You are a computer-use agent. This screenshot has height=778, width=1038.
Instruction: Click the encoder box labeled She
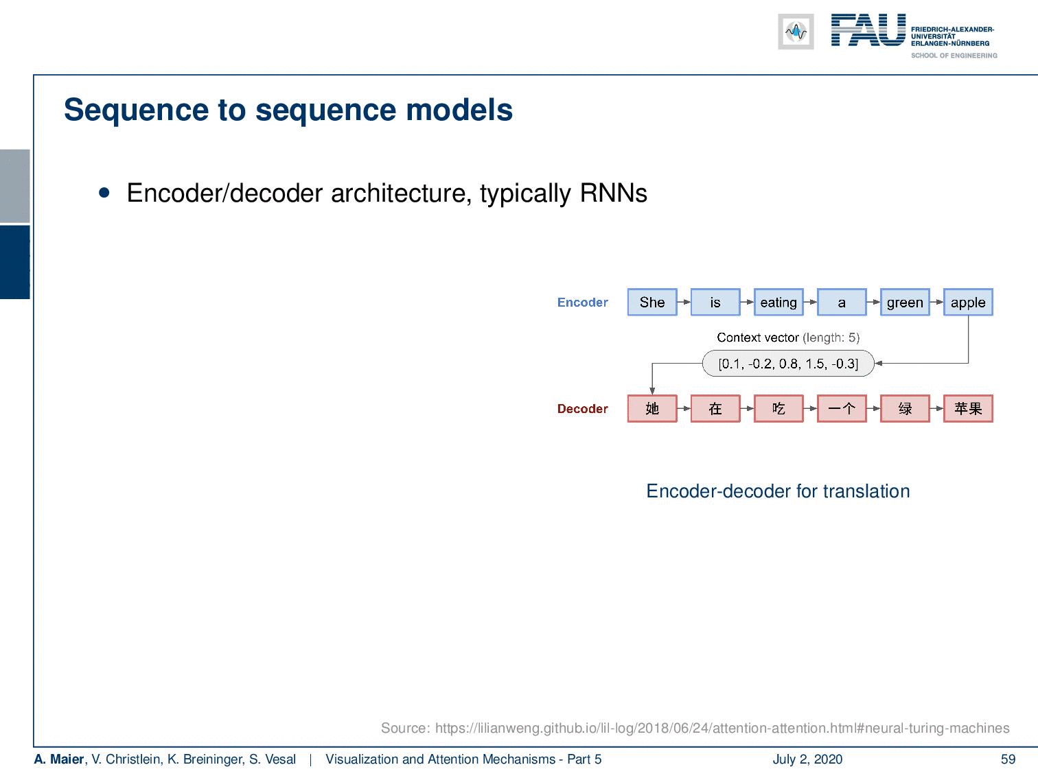(x=652, y=302)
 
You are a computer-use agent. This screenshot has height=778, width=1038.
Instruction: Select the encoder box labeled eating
(x=778, y=302)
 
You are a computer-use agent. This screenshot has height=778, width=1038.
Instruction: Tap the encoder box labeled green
(x=905, y=302)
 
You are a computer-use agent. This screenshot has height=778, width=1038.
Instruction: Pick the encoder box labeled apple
(x=968, y=302)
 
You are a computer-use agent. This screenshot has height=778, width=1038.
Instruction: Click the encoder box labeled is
(x=715, y=302)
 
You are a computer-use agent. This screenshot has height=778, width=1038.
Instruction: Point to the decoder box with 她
(x=652, y=408)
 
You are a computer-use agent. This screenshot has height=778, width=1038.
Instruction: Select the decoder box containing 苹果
(x=968, y=408)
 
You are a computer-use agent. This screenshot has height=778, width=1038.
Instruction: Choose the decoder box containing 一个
(x=842, y=408)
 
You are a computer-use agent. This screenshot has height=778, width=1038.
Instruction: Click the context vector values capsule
(x=788, y=363)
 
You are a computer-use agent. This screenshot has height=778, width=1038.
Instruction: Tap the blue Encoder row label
(x=582, y=303)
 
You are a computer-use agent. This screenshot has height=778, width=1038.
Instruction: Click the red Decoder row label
(x=582, y=409)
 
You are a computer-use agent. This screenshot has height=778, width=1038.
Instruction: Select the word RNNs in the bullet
(x=613, y=193)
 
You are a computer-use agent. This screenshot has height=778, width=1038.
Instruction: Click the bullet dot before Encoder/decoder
(x=104, y=193)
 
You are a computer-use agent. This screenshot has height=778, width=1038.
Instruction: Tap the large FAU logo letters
(x=868, y=30)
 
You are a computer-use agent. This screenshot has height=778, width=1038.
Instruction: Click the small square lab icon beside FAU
(x=796, y=32)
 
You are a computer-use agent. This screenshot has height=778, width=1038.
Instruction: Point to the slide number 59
(x=1008, y=759)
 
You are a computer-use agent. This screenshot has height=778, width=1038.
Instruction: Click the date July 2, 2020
(x=807, y=759)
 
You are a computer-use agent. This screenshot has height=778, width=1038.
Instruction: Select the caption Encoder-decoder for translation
(x=778, y=491)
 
